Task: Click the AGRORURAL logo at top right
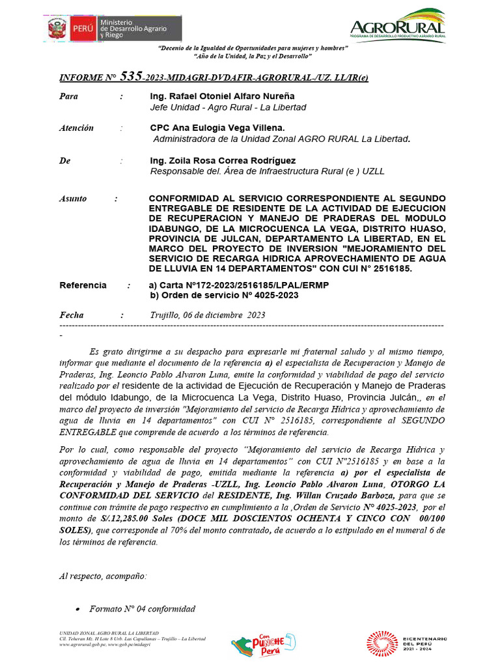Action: pyautogui.click(x=397, y=25)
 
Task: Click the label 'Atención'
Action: pyautogui.click(x=76, y=128)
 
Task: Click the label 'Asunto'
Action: pyautogui.click(x=72, y=199)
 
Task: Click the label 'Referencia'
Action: pyautogui.click(x=83, y=285)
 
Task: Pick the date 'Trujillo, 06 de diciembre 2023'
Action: pyautogui.click(x=208, y=315)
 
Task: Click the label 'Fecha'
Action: pyautogui.click(x=72, y=315)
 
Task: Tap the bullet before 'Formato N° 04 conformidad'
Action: pyautogui.click(x=78, y=609)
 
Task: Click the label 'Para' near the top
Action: pyautogui.click(x=68, y=96)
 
